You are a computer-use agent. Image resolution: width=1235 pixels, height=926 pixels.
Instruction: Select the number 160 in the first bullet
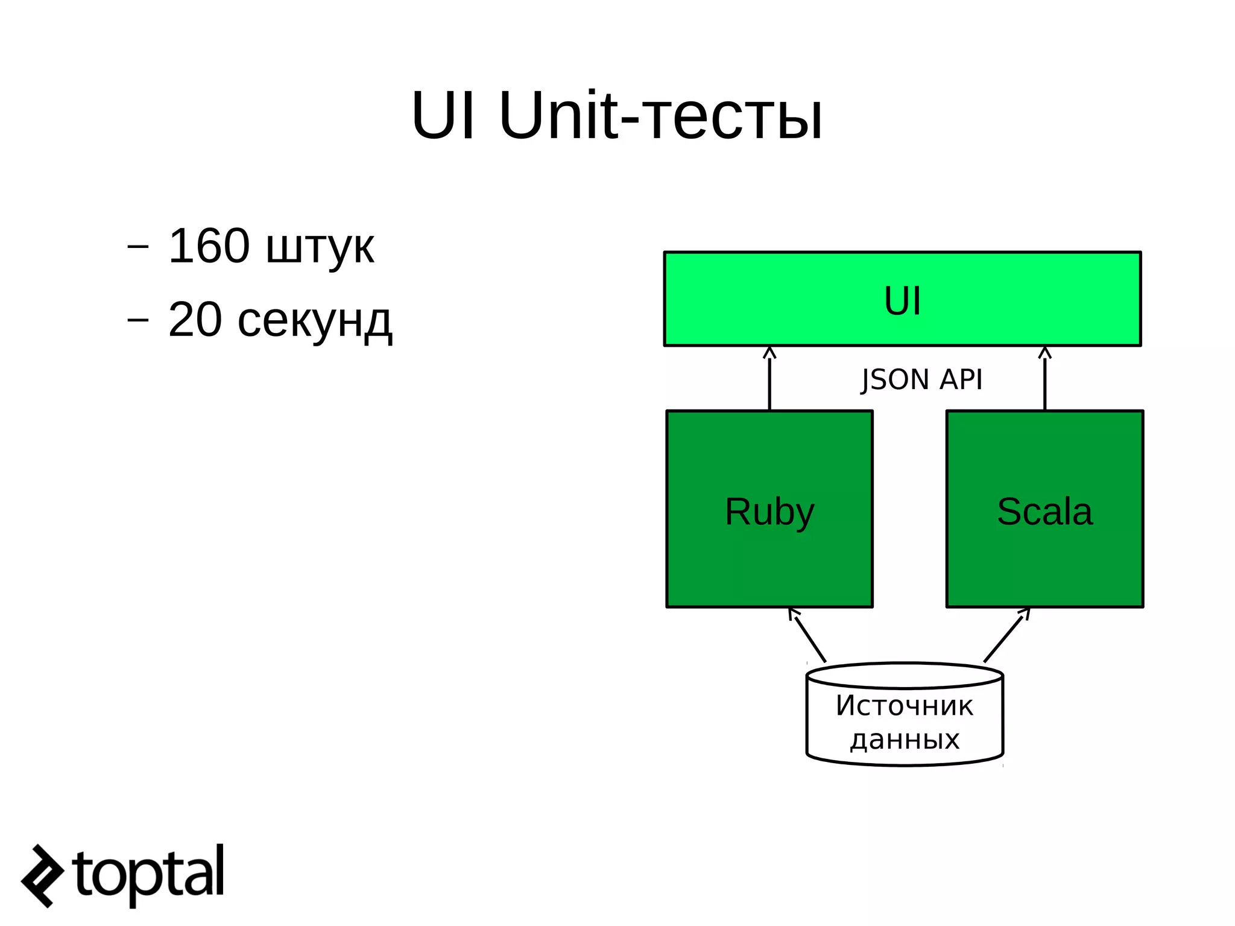point(209,246)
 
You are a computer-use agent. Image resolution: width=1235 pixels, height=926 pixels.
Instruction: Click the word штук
point(320,247)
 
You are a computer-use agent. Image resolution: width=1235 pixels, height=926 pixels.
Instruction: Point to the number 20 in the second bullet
point(195,320)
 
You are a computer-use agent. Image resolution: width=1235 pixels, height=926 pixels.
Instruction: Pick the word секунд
point(315,321)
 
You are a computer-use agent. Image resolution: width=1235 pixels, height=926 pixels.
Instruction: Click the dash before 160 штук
point(138,247)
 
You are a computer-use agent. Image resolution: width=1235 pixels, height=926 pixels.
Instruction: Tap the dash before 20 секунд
point(138,320)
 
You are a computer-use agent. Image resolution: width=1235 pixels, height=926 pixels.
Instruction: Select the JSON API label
point(921,380)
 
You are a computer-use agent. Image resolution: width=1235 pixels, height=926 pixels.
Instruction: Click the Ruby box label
point(769,512)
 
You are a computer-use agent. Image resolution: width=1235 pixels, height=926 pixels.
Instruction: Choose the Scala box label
point(1044,512)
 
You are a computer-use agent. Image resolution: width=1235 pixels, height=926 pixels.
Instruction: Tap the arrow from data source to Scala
point(1006,636)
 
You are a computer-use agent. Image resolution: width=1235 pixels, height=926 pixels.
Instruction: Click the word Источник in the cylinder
point(904,706)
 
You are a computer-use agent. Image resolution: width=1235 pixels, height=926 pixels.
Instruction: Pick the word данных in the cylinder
point(905,740)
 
